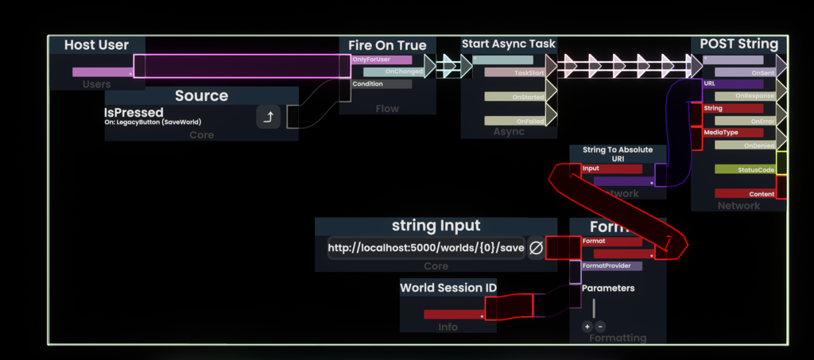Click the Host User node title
[96, 45]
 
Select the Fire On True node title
[387, 45]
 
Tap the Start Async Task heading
[509, 44]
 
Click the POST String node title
[738, 44]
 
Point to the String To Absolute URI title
[617, 153]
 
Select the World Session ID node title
[448, 288]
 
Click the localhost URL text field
[425, 248]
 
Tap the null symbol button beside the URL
[536, 248]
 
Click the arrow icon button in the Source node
[269, 118]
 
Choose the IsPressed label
[134, 113]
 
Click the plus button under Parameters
[587, 327]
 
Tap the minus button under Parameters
[600, 327]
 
